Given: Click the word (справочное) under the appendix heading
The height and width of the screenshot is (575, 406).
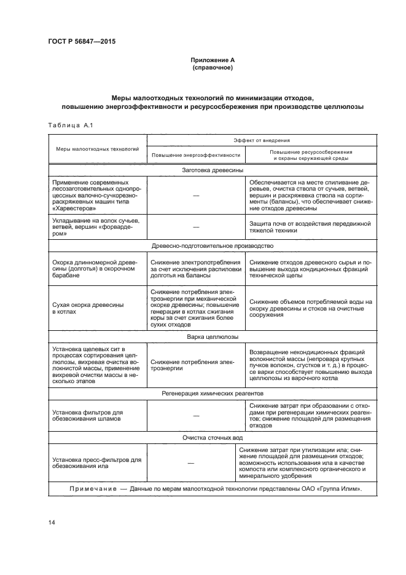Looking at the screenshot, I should click(x=212, y=67).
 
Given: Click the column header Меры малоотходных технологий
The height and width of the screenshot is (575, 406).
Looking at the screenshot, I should click(x=98, y=149).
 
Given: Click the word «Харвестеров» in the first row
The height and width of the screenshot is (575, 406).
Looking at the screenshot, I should click(x=76, y=207).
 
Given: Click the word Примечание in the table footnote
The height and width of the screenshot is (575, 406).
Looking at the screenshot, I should click(x=92, y=489).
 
